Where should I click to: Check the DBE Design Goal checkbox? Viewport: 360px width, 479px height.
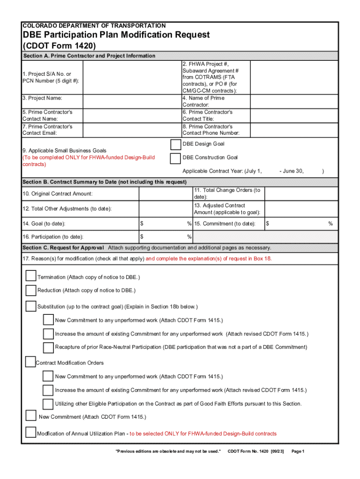(176, 144)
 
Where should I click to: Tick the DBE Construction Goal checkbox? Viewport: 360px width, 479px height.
(176, 158)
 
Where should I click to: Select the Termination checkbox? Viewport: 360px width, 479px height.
(31, 276)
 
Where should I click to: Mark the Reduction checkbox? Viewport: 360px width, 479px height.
(31, 290)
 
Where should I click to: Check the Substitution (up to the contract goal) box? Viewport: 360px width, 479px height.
(31, 306)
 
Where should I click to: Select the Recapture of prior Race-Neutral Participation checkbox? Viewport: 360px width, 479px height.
(48, 347)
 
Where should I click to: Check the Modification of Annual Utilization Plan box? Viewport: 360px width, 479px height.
(31, 433)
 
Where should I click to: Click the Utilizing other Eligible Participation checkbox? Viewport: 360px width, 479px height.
(48, 403)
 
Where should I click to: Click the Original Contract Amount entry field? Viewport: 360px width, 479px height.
(166, 194)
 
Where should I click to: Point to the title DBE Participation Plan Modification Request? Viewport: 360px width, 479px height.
(116, 35)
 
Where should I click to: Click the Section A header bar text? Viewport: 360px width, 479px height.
(89, 56)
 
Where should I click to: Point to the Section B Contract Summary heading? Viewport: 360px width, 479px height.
(105, 182)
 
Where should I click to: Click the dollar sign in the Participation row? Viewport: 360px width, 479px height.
(142, 237)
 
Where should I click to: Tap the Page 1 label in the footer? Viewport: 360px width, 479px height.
(298, 451)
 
